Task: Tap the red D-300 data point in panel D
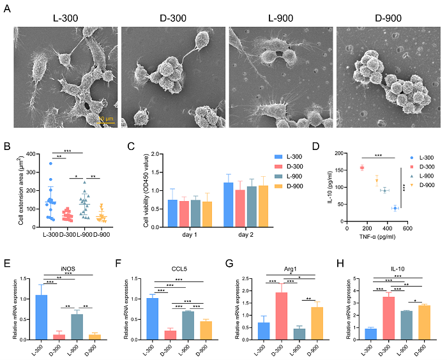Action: pos(361,168)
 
